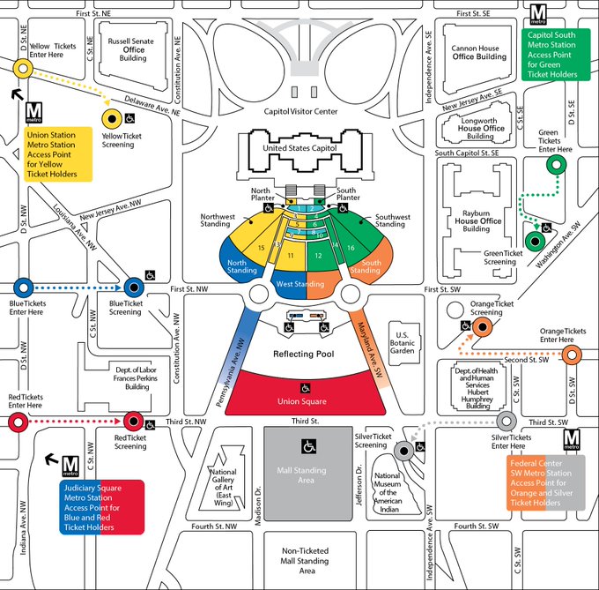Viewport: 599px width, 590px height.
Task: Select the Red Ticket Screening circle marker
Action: pos(134,422)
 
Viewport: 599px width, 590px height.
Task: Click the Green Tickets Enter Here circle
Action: pos(556,164)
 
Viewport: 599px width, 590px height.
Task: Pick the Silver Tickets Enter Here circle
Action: pos(507,422)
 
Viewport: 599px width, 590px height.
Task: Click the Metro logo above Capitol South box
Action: pos(536,14)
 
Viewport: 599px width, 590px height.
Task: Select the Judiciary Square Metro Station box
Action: pos(102,508)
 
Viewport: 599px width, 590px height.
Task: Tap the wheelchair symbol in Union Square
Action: pos(307,388)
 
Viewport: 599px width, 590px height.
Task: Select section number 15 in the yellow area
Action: pos(260,249)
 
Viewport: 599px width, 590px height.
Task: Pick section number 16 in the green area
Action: pos(350,249)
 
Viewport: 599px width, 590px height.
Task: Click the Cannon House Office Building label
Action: pos(478,52)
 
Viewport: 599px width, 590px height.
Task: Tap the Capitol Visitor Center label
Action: pos(300,112)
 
